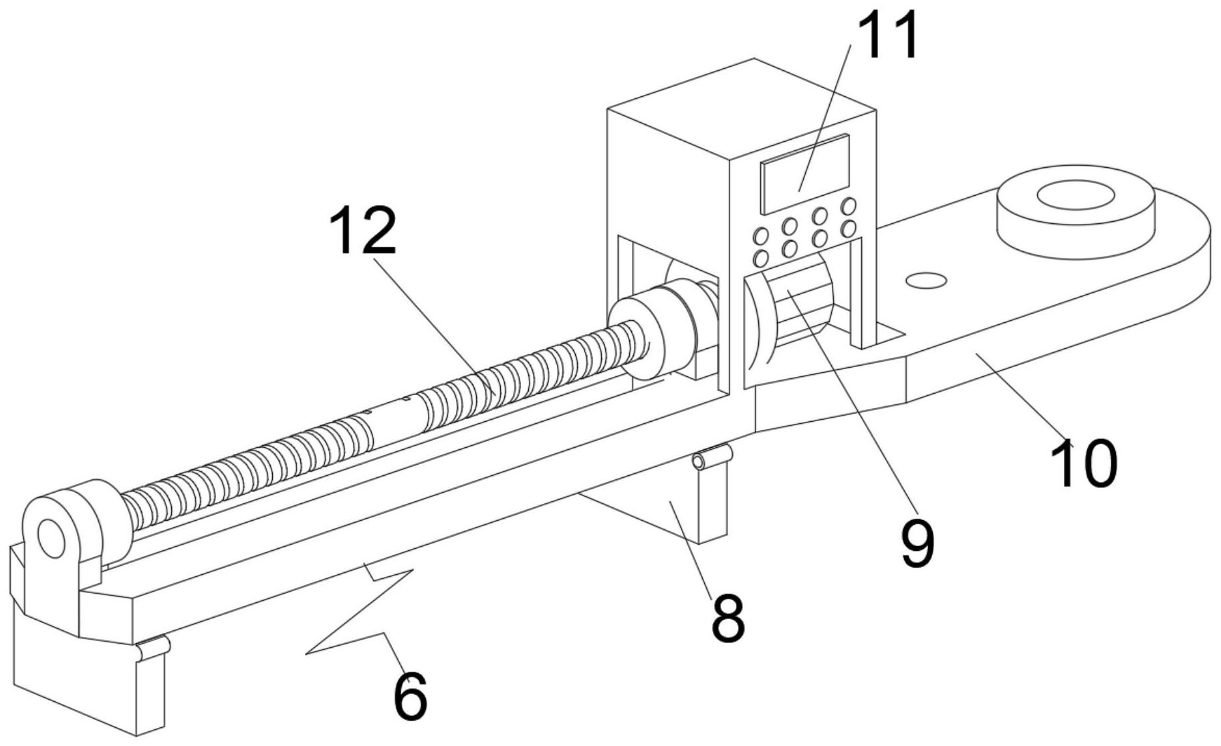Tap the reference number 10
click(1084, 463)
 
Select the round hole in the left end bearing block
click(49, 538)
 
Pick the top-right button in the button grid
click(849, 205)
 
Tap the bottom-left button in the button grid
click(760, 258)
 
